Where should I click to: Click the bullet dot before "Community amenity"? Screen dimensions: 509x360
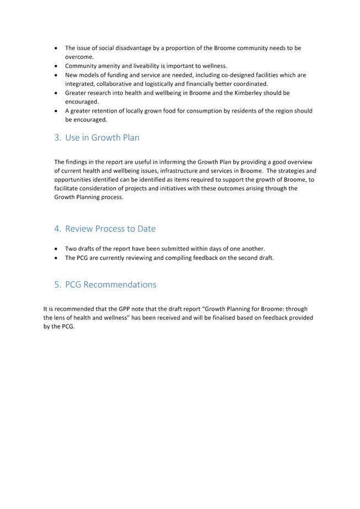point(57,66)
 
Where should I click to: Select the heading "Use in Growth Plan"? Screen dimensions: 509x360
point(102,138)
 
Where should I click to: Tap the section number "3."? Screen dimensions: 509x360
point(57,138)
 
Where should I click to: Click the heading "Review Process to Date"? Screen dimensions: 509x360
point(110,229)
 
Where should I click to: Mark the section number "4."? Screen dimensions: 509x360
point(57,229)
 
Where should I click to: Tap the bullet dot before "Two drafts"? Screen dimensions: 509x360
point(57,249)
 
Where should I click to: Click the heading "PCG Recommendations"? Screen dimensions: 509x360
point(110,285)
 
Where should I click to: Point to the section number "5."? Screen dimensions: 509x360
point(57,285)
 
